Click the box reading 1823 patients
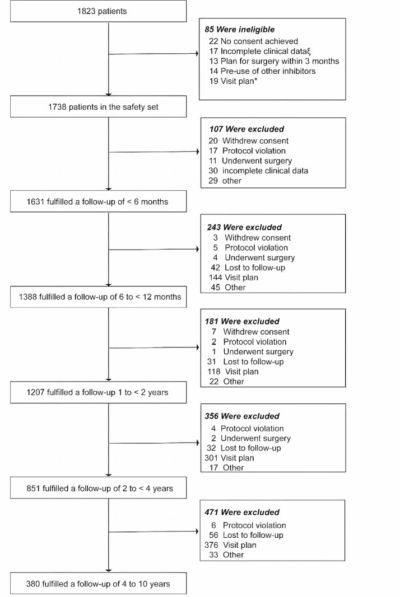pos(99,11)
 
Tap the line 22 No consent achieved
pos(253,41)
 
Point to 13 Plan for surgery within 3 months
pos(273,61)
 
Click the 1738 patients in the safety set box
pos(99,107)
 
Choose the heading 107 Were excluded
pos(245,129)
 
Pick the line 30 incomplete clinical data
pos(258,171)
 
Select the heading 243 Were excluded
pos(244,227)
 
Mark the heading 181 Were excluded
pos(243,321)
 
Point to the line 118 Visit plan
pos(233,372)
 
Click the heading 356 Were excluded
pos(243,416)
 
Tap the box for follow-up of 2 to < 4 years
pos(99,488)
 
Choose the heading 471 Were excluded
pos(243,512)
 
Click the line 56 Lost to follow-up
pos(246,535)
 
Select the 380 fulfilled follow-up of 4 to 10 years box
pos(99,584)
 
